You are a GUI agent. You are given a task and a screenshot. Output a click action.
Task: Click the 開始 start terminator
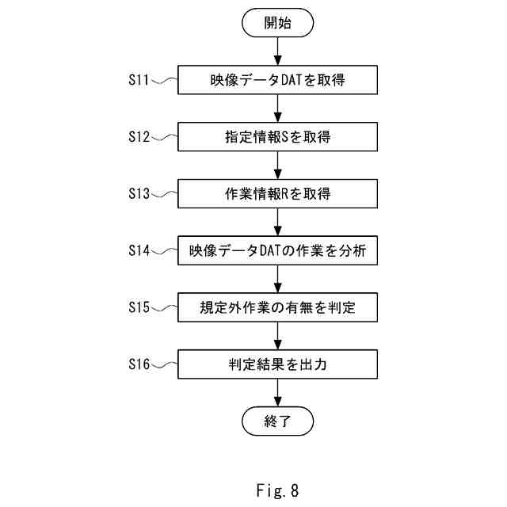coord(277,23)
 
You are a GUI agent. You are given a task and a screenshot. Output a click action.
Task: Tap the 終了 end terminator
coord(277,421)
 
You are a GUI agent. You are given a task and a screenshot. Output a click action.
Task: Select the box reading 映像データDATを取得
coord(277,80)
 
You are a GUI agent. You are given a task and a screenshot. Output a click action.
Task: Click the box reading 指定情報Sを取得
coord(277,137)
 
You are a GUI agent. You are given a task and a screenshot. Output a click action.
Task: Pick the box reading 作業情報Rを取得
coord(277,193)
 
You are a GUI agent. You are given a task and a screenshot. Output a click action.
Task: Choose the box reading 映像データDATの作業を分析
coord(277,250)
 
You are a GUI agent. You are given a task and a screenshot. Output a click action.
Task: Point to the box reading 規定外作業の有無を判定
coord(277,307)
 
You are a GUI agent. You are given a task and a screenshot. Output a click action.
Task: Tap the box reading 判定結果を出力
coord(277,364)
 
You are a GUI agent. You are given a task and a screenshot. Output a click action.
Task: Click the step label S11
coord(139,80)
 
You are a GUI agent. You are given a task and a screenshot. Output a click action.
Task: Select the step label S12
coord(139,137)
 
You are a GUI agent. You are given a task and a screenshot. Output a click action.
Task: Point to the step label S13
coord(139,193)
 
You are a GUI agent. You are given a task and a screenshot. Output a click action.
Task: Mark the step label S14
coord(139,250)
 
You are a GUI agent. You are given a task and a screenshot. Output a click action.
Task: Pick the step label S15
coord(139,307)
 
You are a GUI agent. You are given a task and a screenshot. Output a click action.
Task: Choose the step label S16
coord(139,364)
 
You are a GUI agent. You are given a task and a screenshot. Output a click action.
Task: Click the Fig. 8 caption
coord(277,490)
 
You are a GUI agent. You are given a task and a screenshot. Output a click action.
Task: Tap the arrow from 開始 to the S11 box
coord(278,51)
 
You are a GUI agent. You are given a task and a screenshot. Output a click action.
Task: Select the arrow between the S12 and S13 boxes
coord(278,166)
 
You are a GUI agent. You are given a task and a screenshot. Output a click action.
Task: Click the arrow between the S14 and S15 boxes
coord(278,279)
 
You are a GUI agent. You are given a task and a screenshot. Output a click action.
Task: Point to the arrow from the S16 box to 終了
coord(278,393)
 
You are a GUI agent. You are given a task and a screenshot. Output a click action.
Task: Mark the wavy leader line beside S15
coord(164,307)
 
